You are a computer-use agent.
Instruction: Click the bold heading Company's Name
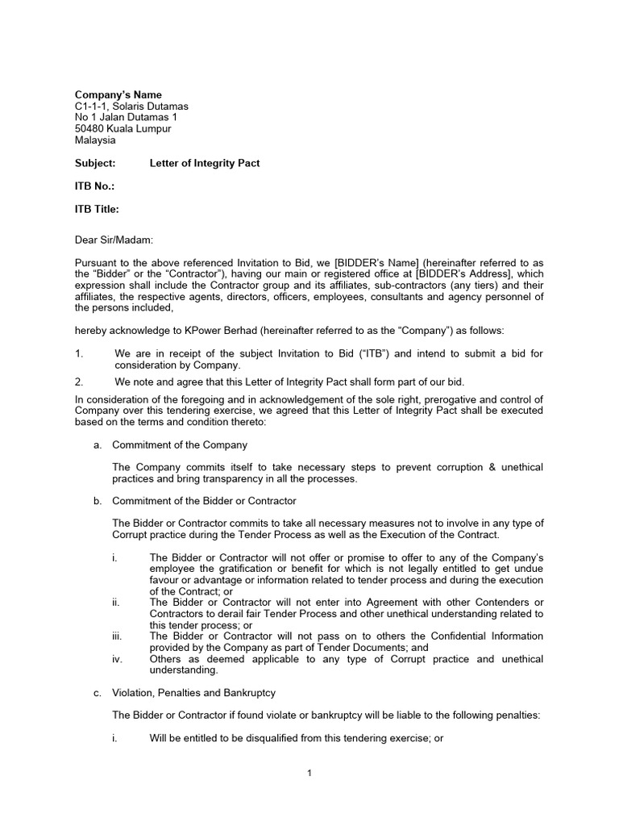118,94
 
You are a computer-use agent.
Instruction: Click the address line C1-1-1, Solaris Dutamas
131,106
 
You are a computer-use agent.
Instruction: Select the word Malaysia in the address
95,140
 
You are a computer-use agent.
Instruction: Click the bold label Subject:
95,163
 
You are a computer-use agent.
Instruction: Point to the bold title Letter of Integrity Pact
205,163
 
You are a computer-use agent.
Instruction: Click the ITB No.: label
95,186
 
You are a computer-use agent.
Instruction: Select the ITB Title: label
97,209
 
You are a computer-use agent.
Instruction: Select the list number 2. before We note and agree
79,382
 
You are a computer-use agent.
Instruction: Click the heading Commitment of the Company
180,444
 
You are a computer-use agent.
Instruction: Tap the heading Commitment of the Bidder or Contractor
204,501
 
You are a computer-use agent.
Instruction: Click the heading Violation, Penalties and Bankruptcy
194,692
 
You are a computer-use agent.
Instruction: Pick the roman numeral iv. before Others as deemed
117,659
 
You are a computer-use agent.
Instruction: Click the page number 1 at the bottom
309,773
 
